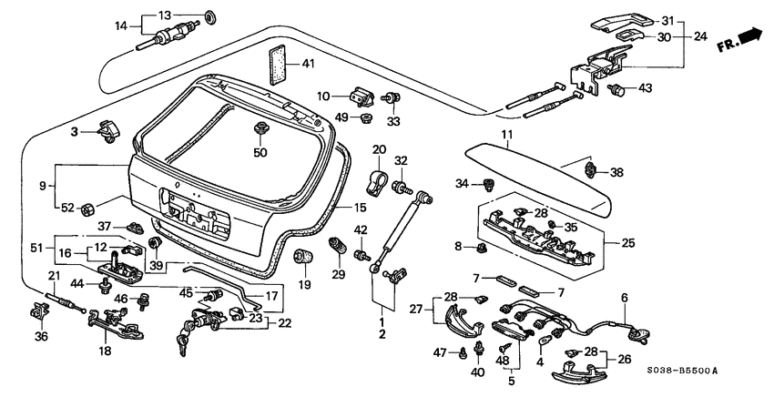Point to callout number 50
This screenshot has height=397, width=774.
[x=260, y=152]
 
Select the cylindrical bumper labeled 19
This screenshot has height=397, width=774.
[x=304, y=257]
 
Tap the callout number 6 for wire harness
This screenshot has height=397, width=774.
[x=625, y=297]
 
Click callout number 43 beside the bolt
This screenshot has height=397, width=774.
[x=645, y=88]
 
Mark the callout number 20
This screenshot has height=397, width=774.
[x=379, y=149]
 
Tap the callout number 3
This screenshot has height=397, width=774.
[x=76, y=132]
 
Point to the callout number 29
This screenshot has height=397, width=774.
[x=338, y=275]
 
